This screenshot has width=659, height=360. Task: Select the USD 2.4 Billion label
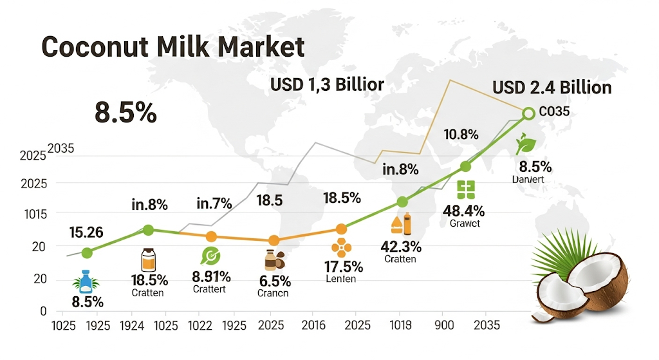tap(552, 88)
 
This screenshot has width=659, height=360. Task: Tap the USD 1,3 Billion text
tap(327, 84)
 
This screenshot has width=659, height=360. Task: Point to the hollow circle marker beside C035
tap(528, 113)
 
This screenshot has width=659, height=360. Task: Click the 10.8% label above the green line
tap(461, 135)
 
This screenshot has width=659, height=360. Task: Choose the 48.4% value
tap(464, 211)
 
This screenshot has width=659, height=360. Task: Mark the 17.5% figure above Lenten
tap(342, 267)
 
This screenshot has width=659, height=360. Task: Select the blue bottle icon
tap(85, 281)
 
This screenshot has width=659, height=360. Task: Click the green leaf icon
tap(526, 143)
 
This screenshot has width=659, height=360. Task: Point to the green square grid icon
tap(465, 189)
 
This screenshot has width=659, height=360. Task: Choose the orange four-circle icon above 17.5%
tap(340, 247)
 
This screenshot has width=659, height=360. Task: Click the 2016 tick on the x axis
tap(313, 325)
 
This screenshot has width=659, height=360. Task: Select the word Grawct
tap(464, 224)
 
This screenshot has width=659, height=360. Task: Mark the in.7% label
tap(214, 205)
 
